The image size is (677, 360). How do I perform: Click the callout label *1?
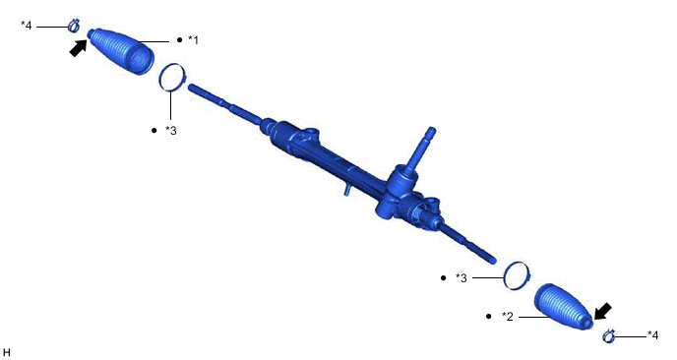(x=194, y=39)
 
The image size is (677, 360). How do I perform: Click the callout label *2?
(x=508, y=317)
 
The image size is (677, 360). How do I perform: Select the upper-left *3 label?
(x=171, y=130)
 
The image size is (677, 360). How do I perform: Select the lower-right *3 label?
(x=462, y=278)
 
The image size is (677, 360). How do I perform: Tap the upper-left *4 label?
(x=27, y=25)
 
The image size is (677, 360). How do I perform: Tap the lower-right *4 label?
(x=652, y=335)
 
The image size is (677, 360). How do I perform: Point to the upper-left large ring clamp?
(x=172, y=77)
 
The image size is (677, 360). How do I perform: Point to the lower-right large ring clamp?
(x=517, y=275)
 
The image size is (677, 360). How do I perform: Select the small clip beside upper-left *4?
(x=74, y=26)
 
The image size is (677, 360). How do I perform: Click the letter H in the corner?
(x=7, y=351)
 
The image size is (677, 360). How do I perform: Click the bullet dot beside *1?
(x=179, y=39)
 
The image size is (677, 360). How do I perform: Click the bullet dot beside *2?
(x=489, y=317)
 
